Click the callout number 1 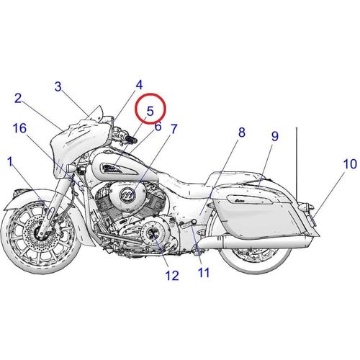10,162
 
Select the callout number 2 18,99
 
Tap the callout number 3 58,86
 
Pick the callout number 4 139,85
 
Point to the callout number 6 158,127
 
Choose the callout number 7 174,129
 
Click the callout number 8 242,132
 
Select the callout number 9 275,136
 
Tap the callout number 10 350,164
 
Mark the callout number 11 204,273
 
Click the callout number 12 172,276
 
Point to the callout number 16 19,128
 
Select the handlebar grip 130,138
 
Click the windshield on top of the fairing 96,114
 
